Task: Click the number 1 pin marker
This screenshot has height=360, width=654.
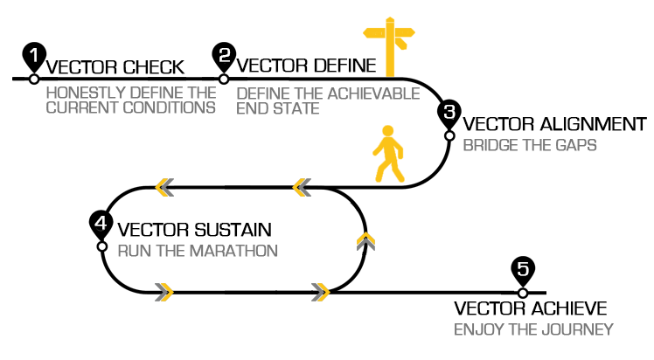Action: (x=34, y=57)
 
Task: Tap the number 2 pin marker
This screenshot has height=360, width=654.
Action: (x=224, y=57)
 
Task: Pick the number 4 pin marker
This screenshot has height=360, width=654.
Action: (x=101, y=224)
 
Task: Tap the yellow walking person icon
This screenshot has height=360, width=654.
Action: (x=388, y=155)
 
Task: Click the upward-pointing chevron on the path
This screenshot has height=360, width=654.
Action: (x=366, y=239)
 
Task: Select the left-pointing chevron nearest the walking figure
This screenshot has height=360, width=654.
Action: (x=302, y=186)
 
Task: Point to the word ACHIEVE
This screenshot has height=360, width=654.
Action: (x=566, y=308)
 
